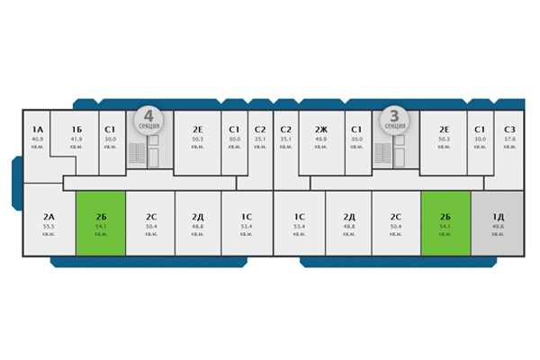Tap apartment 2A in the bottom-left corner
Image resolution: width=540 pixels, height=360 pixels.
(49, 223)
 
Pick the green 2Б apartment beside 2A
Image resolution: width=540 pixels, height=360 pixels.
(100, 223)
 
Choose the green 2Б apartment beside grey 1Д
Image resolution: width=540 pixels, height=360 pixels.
(445, 223)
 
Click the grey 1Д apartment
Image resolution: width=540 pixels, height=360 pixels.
(498, 223)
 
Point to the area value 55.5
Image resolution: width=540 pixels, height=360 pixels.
(49, 226)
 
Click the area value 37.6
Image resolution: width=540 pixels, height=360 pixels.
(509, 139)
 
